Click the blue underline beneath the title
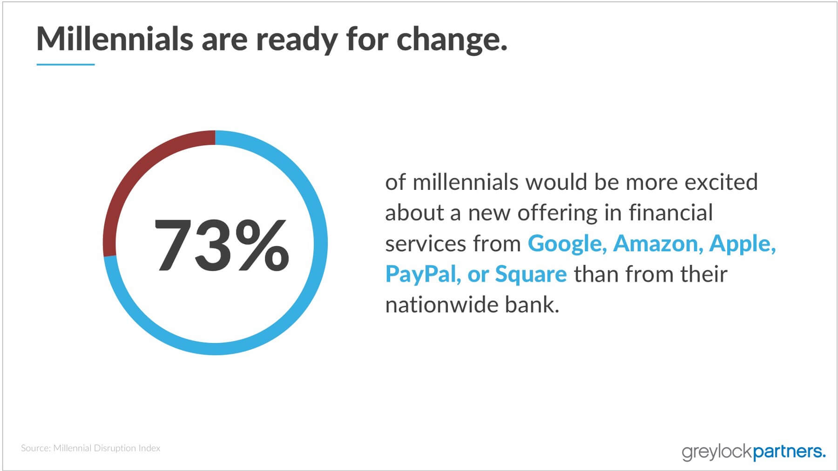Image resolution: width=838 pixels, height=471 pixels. (66, 64)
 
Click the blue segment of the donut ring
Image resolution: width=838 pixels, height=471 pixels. (321, 243)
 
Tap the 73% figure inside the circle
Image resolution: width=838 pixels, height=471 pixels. (221, 245)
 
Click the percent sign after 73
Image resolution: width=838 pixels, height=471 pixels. (262, 245)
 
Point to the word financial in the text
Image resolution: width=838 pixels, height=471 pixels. (671, 213)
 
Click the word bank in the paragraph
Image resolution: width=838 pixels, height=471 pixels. (532, 305)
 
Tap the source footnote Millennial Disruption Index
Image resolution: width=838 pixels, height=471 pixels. (107, 448)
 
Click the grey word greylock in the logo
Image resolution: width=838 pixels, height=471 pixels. (717, 452)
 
